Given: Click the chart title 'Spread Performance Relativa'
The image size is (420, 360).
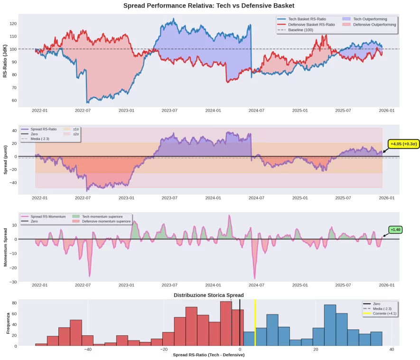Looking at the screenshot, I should coord(209,6).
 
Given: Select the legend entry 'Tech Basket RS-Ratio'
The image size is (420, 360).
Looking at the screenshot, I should coord(307,19).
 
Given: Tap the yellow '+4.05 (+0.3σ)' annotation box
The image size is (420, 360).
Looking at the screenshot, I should coord(403,144).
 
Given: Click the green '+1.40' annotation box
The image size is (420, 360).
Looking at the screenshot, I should coord(395,230).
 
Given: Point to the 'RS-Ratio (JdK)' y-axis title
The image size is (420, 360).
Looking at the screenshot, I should coord(5,60).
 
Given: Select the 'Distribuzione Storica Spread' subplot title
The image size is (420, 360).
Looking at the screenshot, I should coord(208,295).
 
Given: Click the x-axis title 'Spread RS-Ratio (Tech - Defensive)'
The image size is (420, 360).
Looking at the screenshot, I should coord(208,355).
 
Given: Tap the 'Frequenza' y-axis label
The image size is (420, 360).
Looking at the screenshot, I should coord(8,322).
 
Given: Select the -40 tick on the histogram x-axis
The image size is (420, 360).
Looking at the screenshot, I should coord(87,350).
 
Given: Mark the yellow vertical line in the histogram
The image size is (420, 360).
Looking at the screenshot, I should coord(255,323).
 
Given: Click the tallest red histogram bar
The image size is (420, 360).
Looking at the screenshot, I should coord(226,323).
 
